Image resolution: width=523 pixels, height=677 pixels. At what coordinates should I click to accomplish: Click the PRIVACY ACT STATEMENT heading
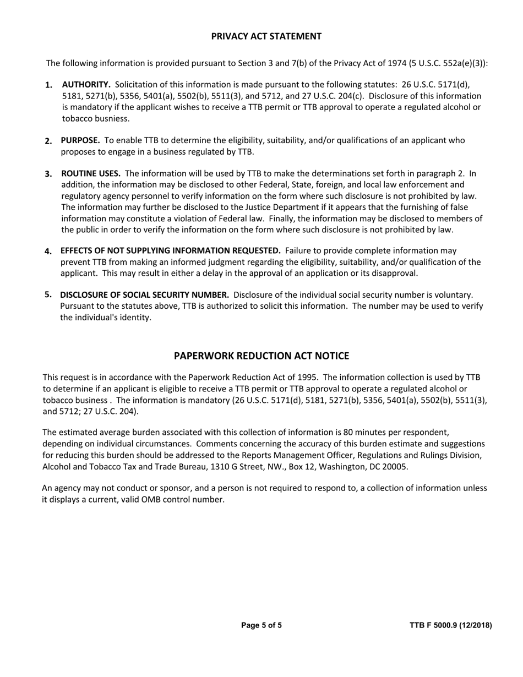(x=266, y=36)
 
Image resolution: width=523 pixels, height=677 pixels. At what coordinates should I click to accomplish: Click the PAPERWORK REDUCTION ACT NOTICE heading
(x=261, y=356)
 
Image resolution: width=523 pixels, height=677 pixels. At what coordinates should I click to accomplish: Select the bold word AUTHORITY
(x=86, y=85)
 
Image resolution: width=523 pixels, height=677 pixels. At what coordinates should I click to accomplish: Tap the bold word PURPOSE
(x=80, y=140)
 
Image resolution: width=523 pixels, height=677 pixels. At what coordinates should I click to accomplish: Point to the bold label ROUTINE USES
(x=91, y=173)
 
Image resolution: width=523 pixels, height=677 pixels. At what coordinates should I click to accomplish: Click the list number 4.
(x=48, y=252)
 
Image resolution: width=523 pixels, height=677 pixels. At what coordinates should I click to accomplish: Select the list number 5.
(x=48, y=294)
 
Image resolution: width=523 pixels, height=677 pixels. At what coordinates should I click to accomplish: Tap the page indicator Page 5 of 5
(x=261, y=625)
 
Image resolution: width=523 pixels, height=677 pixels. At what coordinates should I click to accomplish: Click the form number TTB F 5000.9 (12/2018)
(x=450, y=625)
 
